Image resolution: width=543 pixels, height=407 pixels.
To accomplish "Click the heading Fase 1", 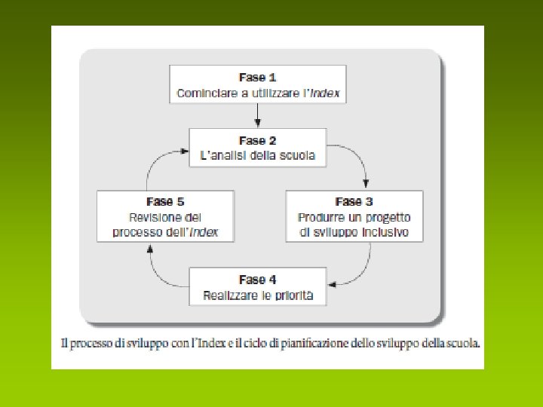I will pyautogui.click(x=257, y=78).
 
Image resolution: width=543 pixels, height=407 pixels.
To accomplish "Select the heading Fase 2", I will pyautogui.click(x=257, y=141).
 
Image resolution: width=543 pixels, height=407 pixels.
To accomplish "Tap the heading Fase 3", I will pyautogui.click(x=354, y=202).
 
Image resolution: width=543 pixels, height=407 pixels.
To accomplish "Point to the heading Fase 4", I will pyautogui.click(x=257, y=280).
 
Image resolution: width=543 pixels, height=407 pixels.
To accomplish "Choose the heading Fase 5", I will pyautogui.click(x=165, y=202).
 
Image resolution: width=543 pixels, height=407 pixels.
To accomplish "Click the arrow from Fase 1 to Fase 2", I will pyautogui.click(x=257, y=114).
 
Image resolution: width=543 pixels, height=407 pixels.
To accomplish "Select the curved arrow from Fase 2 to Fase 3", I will pyautogui.click(x=357, y=162).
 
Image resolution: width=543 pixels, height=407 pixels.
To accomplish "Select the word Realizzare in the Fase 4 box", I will pyautogui.click(x=228, y=295).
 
